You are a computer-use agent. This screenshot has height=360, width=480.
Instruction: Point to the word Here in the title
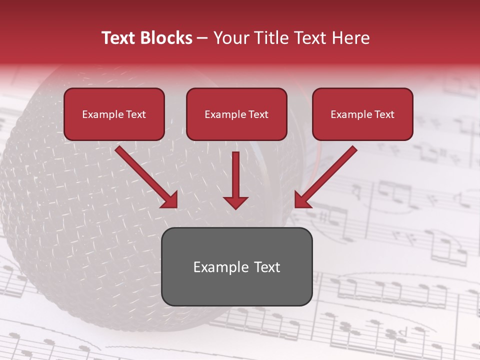349,38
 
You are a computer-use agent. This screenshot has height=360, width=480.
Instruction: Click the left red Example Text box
114,114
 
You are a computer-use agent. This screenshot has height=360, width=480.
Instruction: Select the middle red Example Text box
236,114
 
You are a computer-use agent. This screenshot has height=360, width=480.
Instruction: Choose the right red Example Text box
362,114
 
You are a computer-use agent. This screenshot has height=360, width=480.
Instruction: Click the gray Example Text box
236,266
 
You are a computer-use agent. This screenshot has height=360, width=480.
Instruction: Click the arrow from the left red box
145,176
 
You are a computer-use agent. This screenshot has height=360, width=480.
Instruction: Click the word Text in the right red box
384,114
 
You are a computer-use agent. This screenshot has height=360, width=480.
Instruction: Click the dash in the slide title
202,38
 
